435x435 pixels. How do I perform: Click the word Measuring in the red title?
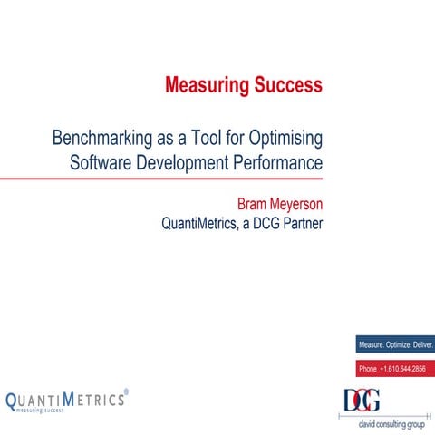click(x=206, y=86)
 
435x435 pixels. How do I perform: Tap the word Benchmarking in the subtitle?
click(x=106, y=140)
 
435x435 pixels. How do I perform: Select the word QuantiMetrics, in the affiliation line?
click(x=202, y=222)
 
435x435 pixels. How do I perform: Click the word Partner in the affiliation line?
click(x=298, y=222)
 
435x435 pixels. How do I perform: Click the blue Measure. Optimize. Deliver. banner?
click(x=396, y=345)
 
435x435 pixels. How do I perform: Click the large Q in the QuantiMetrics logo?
click(x=13, y=400)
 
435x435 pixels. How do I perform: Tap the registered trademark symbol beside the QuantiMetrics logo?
click(x=126, y=392)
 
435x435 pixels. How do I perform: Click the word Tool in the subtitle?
click(x=200, y=140)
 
